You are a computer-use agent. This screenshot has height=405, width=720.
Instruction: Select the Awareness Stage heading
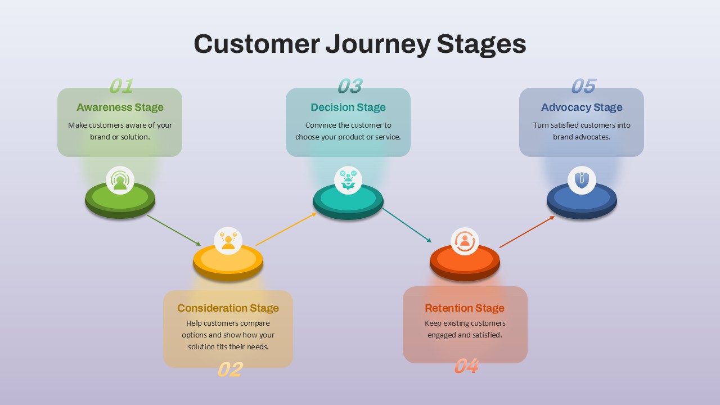coord(120,107)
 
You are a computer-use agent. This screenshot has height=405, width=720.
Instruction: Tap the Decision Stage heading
coord(348,107)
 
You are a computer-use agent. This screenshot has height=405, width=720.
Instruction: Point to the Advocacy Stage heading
coord(582,107)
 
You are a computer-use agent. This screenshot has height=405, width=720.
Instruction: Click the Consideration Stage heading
coord(228,308)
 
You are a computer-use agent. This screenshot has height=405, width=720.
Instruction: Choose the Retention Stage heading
coord(465,308)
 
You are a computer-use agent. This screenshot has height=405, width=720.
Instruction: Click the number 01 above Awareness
coord(121,86)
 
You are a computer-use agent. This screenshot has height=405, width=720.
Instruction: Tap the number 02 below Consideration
coord(229,370)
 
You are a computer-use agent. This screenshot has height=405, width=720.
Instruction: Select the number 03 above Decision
coord(349,86)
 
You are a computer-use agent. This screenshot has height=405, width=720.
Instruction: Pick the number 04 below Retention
coord(466,366)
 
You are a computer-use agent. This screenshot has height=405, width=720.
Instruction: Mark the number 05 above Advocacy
coord(583,86)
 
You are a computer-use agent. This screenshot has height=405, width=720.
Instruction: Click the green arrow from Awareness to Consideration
coord(174,231)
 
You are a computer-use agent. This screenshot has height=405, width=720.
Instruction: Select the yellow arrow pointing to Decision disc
coord(286,229)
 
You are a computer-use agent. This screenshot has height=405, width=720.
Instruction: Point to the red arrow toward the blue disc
coord(527,232)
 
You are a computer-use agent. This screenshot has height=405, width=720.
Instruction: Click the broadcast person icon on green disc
coord(120,181)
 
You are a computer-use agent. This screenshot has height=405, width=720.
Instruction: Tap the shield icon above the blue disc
coord(582,181)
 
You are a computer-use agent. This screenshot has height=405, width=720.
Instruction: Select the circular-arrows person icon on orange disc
coord(465,241)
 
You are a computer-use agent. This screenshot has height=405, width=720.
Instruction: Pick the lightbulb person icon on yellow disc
coord(228,241)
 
